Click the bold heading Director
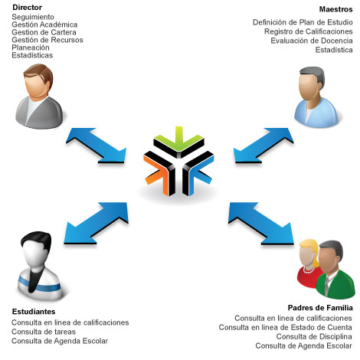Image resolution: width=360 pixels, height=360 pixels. click(x=27, y=8)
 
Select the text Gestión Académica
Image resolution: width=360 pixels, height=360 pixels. click(x=44, y=25)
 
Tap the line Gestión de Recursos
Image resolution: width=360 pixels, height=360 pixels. click(x=47, y=40)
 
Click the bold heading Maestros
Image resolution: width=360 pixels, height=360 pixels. click(x=335, y=9)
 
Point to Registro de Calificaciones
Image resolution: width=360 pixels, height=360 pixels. click(x=308, y=31)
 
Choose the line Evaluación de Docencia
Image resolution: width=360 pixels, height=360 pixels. click(x=312, y=41)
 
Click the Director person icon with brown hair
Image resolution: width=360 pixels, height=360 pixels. click(x=39, y=97)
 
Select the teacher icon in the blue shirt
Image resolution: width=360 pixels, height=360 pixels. click(x=316, y=97)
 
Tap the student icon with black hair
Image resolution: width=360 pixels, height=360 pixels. click(x=40, y=266)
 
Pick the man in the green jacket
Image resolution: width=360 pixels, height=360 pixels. click(x=335, y=270)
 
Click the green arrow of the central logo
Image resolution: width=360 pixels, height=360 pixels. click(x=178, y=140)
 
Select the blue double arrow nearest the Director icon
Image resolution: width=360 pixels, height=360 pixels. click(x=97, y=146)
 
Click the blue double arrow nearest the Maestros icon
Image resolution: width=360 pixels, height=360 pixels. click(x=263, y=146)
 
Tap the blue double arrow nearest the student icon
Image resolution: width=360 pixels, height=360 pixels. click(x=96, y=224)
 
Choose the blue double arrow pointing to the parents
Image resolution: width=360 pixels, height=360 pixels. click(x=261, y=224)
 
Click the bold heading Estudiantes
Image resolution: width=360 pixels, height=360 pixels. click(x=34, y=312)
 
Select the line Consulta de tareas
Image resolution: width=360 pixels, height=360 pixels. click(x=44, y=332)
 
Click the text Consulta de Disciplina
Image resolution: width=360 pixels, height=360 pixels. click(x=314, y=337)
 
